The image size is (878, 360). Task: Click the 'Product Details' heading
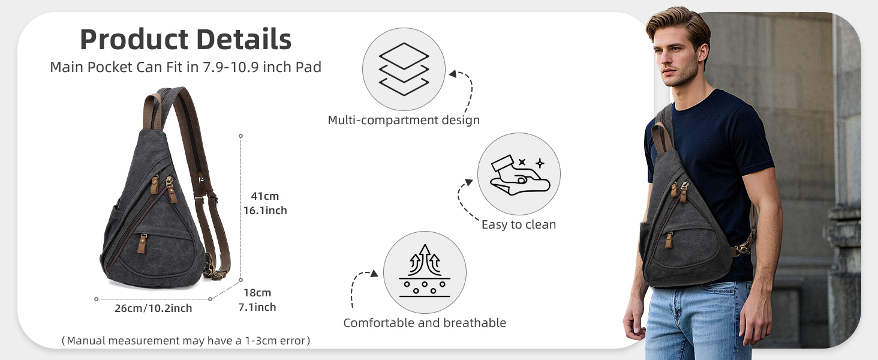186,39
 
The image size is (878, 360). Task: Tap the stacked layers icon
404,69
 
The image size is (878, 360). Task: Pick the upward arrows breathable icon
425,271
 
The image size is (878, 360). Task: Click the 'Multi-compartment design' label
404,120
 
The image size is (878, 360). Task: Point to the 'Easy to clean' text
519,224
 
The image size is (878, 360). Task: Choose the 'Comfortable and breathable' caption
425,323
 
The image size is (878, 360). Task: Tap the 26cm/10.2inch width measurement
154,308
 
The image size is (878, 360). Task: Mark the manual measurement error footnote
186,340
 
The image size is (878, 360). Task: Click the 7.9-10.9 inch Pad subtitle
186,67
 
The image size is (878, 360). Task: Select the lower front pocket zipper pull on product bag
142,243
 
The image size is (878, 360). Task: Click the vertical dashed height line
240,208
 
